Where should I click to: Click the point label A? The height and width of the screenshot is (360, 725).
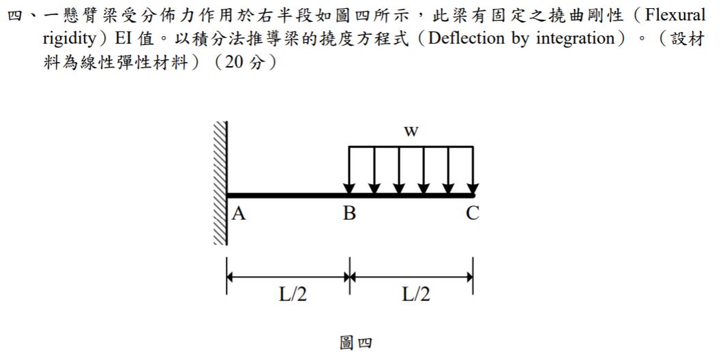238,213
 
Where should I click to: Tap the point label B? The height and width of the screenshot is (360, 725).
349,213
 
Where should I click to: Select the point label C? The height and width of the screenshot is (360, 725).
473,213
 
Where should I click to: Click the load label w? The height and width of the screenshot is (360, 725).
411,132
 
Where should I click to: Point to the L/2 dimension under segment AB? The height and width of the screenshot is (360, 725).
292,295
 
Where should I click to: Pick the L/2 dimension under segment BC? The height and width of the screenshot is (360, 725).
415,295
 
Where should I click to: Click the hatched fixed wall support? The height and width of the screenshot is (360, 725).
220,183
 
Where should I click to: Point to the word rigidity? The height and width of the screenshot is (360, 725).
69,39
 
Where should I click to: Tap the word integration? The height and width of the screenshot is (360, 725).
576,39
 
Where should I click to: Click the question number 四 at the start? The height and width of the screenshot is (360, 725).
16,16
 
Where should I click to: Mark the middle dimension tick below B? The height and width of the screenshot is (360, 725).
350,276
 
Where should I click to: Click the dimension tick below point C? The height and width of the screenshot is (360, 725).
473,276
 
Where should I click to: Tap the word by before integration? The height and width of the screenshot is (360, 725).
520,39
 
